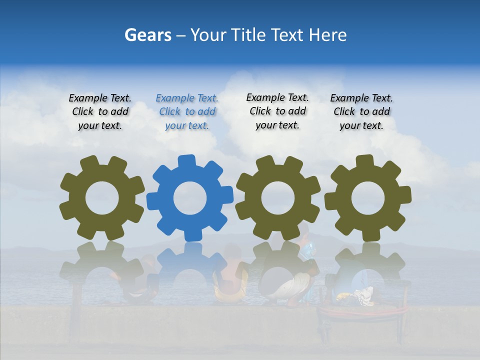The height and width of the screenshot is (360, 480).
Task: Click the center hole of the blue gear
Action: [x=190, y=198]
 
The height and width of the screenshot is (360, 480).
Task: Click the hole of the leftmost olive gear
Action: [x=102, y=198]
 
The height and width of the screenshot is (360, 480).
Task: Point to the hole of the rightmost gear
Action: [x=368, y=198]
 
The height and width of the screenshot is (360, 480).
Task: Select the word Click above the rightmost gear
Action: [x=344, y=111]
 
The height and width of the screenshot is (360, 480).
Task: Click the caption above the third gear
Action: [x=277, y=111]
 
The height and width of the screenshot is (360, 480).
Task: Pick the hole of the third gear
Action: [x=278, y=198]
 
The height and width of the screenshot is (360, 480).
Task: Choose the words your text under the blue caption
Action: [x=187, y=125]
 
